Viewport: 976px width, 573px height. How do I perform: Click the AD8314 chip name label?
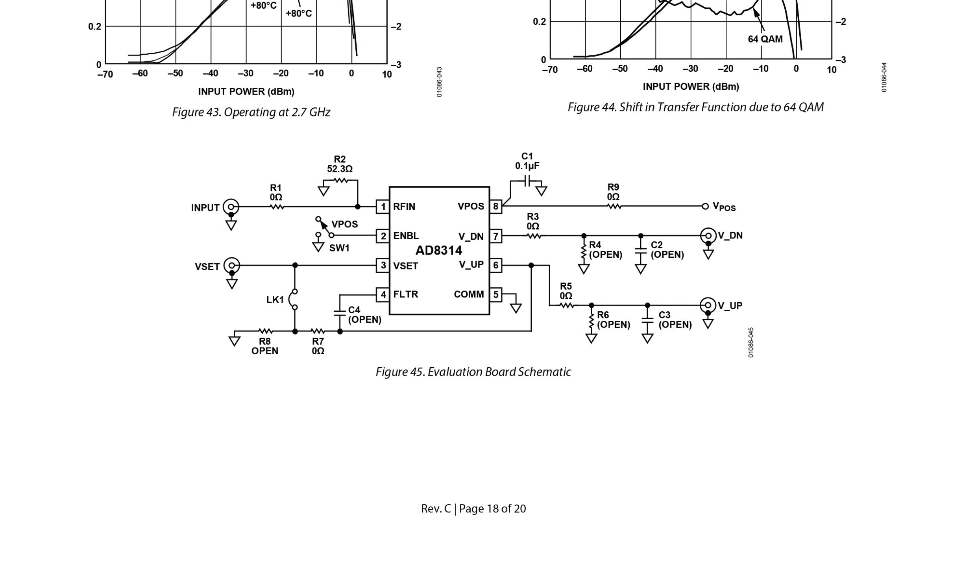click(439, 250)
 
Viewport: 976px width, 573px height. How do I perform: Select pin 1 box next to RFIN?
click(383, 207)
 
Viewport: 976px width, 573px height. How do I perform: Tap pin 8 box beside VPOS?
click(495, 206)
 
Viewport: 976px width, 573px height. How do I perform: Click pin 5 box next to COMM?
click(495, 294)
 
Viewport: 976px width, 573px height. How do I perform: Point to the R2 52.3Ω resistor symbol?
click(341, 181)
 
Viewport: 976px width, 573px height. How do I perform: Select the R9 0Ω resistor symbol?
click(614, 206)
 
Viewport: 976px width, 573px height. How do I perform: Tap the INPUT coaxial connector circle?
click(231, 207)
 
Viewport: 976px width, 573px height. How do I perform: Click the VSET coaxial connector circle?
click(232, 266)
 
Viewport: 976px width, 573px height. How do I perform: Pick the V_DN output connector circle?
click(708, 236)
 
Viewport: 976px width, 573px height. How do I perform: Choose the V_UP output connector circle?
click(708, 305)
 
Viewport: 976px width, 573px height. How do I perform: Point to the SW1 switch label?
click(339, 248)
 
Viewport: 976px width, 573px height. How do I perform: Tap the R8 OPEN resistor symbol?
click(265, 331)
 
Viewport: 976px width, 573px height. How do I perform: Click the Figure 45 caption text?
click(473, 372)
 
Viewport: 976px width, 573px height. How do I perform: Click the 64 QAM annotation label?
click(765, 39)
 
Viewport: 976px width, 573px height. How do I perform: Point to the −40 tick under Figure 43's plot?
click(210, 74)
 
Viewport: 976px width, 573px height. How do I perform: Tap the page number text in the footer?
click(473, 509)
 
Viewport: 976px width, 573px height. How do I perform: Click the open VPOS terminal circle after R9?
click(705, 206)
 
